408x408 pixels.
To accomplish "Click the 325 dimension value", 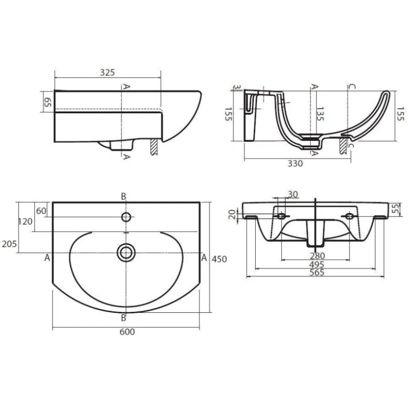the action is point(107,73).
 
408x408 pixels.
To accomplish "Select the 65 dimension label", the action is point(47,102).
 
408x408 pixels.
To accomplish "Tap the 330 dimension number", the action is point(295,163).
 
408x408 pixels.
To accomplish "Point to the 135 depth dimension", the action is point(320,114).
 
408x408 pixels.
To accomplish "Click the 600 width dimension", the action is point(127,332).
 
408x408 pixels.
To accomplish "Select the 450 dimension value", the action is point(219,259).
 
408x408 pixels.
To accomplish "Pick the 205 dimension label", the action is point(10,244).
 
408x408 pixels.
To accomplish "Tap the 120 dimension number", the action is point(25,222).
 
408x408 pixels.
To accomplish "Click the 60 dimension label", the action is point(41,211).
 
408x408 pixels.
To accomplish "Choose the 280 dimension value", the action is point(317,256).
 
